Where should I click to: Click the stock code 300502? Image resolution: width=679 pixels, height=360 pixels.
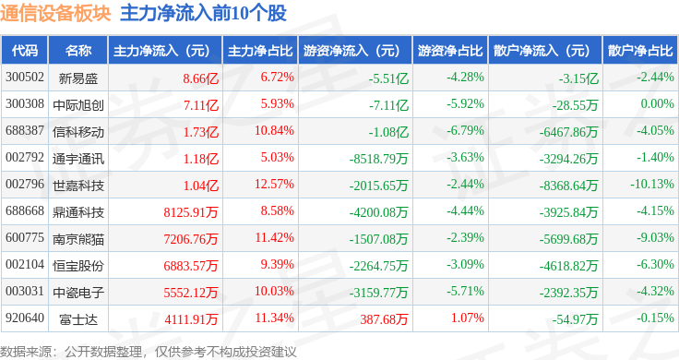tap(25, 78)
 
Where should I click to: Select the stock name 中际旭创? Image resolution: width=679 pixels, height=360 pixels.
tap(78, 105)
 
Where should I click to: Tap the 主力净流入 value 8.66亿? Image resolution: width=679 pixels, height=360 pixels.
tap(200, 78)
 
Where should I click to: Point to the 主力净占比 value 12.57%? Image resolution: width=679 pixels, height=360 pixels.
tap(274, 184)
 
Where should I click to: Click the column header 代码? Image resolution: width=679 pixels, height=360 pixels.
tap(25, 50)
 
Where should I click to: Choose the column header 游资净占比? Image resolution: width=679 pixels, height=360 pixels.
tap(450, 50)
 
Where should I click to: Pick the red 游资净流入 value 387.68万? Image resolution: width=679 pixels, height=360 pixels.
tap(384, 319)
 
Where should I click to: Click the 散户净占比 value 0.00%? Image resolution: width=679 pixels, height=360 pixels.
tap(658, 103)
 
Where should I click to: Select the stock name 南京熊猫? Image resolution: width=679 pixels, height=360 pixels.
tap(78, 239)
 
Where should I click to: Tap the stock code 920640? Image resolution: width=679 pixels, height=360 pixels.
tap(25, 318)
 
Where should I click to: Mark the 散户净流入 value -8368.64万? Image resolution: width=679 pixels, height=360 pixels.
tap(568, 186)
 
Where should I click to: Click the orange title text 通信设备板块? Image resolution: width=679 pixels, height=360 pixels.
tap(55, 13)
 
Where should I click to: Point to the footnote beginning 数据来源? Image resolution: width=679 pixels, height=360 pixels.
tap(149, 352)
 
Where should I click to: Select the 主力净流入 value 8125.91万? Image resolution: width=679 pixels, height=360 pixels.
tap(191, 212)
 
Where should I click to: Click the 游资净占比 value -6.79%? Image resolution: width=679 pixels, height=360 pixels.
tap(466, 130)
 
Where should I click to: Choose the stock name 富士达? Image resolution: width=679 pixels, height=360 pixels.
tap(78, 319)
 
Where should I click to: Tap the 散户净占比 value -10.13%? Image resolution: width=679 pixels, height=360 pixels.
tap(652, 184)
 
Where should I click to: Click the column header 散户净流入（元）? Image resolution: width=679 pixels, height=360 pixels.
tap(542, 50)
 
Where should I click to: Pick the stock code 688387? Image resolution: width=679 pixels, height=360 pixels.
tap(25, 130)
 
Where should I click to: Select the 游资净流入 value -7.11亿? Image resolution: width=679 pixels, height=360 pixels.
tap(389, 105)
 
